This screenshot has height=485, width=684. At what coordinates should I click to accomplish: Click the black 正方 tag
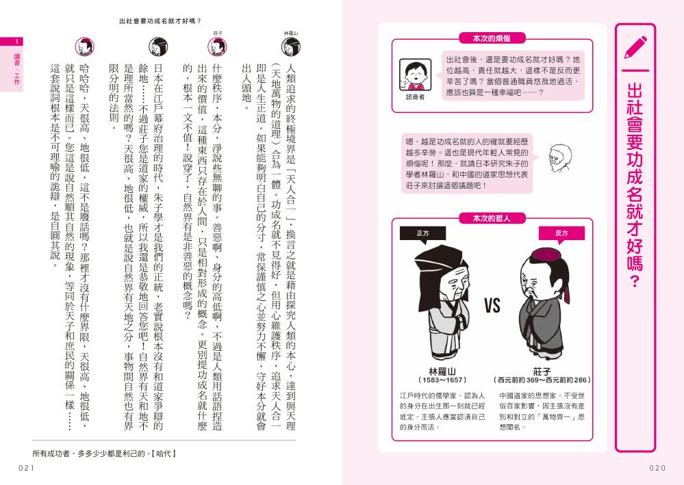pyautogui.click(x=422, y=233)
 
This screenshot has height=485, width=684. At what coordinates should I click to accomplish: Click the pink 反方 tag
pyautogui.click(x=561, y=233)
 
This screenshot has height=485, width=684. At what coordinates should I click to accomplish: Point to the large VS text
pyautogui.click(x=492, y=306)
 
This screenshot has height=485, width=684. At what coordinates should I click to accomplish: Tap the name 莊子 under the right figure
pyautogui.click(x=542, y=370)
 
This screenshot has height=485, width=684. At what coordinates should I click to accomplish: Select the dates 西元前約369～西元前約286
pyautogui.click(x=542, y=380)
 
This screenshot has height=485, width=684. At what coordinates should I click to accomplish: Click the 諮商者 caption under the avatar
pyautogui.click(x=415, y=96)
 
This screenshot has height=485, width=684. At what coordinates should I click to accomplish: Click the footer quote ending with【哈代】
pyautogui.click(x=104, y=453)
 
